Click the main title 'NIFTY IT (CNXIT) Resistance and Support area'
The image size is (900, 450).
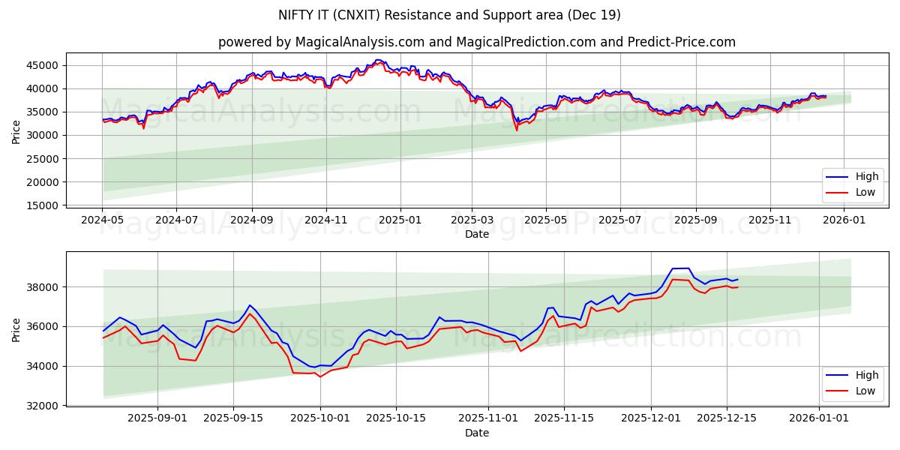[x=450, y=15]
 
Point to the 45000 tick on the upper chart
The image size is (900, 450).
[x=42, y=65]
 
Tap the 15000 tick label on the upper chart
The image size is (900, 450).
[x=42, y=205]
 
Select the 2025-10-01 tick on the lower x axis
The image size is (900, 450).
[x=320, y=418]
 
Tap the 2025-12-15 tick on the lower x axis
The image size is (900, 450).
[x=727, y=418]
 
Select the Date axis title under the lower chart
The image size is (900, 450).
[x=477, y=433]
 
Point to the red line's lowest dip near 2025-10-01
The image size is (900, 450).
[x=320, y=376]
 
